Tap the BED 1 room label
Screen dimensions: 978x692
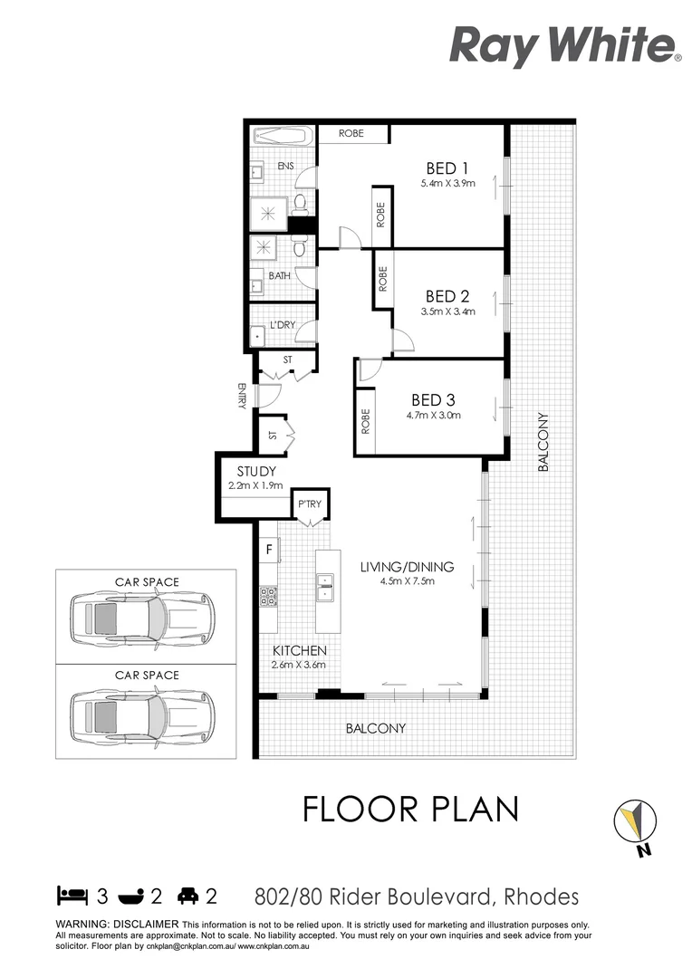tap(447, 168)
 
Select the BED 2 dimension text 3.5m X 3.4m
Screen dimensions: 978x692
tap(447, 312)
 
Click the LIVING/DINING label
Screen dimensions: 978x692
tap(407, 567)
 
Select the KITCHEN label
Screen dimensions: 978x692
tap(299, 650)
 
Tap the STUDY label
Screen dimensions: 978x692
tap(255, 472)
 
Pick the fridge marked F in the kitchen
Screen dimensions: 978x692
tap(269, 549)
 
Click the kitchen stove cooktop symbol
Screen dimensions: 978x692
tap(269, 596)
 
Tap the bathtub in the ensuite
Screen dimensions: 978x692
tap(281, 138)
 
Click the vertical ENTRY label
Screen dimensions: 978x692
tap(242, 397)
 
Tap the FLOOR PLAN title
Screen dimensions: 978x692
tap(410, 809)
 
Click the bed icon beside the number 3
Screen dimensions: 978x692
tap(72, 896)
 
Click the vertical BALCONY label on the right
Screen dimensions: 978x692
tap(543, 442)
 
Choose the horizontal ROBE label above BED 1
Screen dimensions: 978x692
tap(351, 133)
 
